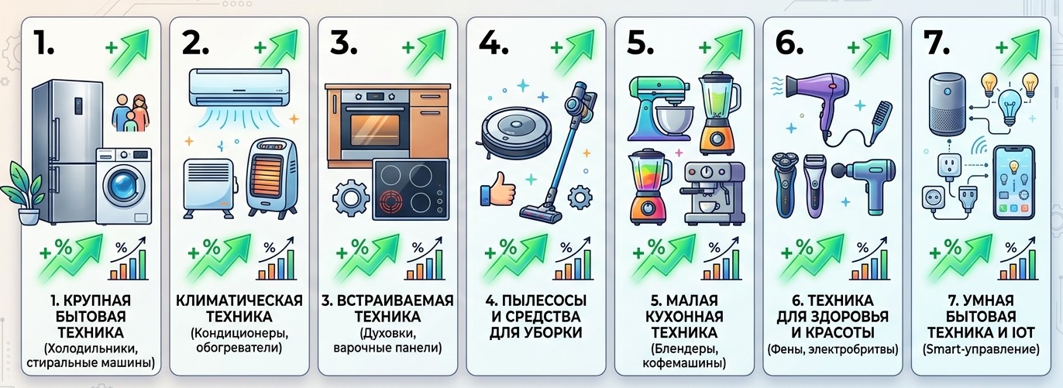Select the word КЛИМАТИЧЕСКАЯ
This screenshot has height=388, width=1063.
pyautogui.click(x=236, y=300)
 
